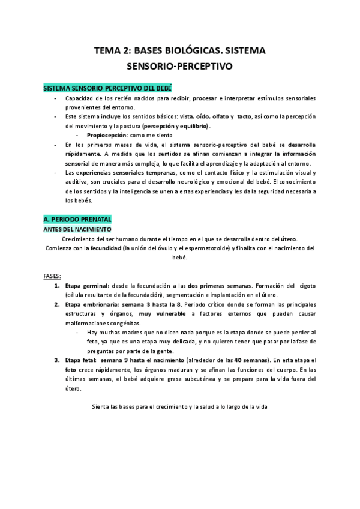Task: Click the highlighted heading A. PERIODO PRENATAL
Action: click(x=77, y=220)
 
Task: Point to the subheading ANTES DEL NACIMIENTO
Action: click(x=76, y=230)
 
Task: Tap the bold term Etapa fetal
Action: click(x=80, y=360)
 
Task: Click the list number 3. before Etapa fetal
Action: click(x=57, y=360)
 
